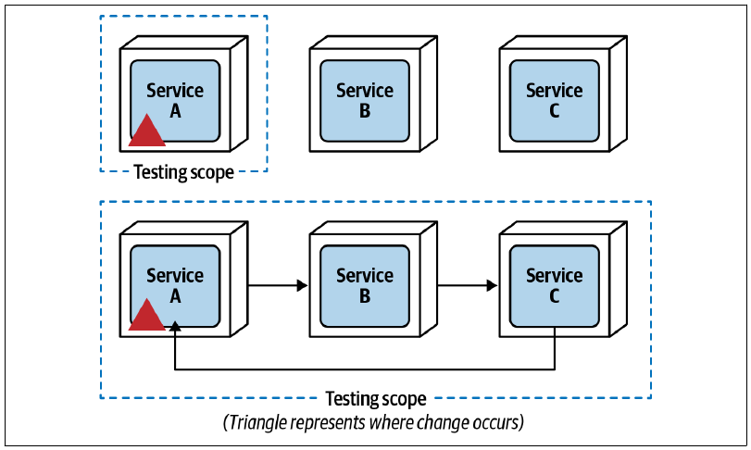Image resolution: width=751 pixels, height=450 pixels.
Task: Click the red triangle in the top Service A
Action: click(x=147, y=131)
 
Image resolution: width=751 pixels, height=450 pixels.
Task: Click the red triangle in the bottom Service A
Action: click(x=147, y=317)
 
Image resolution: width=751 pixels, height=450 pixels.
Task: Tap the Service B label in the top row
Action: click(x=365, y=101)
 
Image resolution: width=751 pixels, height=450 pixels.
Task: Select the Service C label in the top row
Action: click(x=554, y=101)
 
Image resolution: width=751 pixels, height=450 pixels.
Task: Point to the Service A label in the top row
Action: click(x=175, y=101)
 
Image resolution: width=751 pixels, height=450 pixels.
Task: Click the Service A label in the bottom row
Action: click(x=175, y=286)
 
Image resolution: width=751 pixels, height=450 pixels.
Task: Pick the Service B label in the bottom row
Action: click(x=365, y=286)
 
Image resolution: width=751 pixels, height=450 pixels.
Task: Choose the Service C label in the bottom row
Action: click(x=554, y=286)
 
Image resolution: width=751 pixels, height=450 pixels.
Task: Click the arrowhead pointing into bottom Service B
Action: click(x=302, y=285)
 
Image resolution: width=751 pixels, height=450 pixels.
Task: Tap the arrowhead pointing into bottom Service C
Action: click(x=492, y=285)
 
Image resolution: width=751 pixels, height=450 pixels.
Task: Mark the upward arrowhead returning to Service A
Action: click(x=175, y=326)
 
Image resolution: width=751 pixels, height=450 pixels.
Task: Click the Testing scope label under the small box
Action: click(x=184, y=172)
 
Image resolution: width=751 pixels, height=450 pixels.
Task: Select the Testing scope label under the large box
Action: click(x=376, y=399)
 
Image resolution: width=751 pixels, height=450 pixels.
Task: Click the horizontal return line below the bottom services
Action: click(x=365, y=369)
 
